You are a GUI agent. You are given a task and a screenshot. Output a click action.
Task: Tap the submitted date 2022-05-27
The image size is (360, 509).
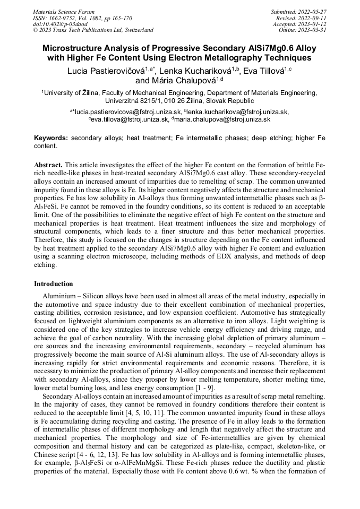[x=313, y=12]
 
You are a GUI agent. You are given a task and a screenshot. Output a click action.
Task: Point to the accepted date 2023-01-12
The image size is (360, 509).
[x=313, y=24]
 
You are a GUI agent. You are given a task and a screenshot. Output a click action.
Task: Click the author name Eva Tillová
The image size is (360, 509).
[x=265, y=71]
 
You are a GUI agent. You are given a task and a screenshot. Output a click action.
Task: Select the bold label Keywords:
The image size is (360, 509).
[x=51, y=138]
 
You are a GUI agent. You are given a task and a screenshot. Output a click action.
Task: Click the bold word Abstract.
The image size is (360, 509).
[x=48, y=166]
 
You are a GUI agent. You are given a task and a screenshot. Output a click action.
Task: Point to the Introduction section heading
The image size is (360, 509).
[x=54, y=284]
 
